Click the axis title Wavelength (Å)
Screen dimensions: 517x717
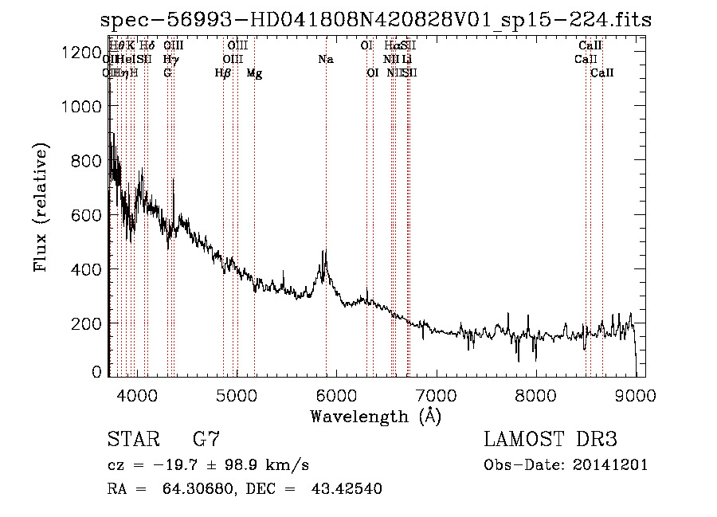tap(375, 416)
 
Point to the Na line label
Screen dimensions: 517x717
tap(325, 59)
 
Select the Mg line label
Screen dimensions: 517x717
tap(254, 73)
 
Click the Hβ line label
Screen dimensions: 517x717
tap(223, 73)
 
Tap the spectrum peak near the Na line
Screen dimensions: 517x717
tap(325, 252)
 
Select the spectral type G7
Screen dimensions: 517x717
tap(206, 440)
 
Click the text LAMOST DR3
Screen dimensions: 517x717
tap(550, 440)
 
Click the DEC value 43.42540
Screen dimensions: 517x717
tap(347, 489)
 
